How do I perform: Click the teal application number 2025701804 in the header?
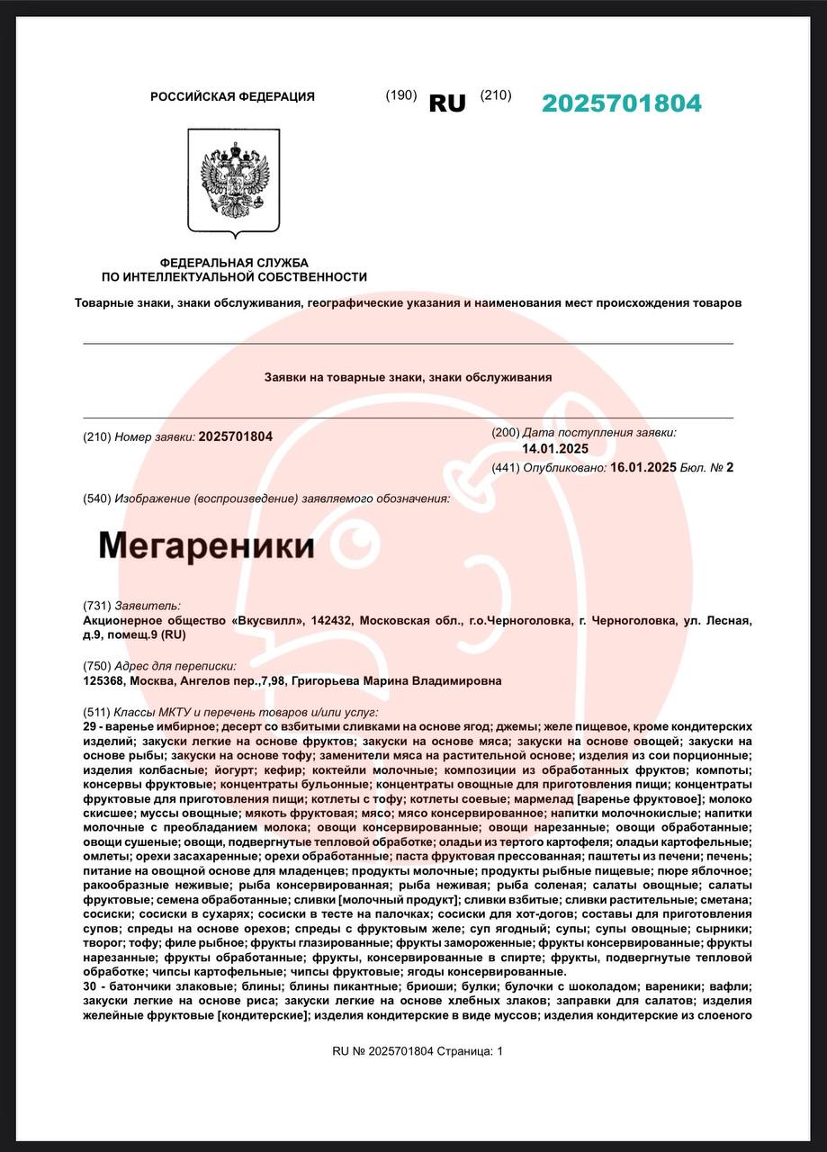[621, 103]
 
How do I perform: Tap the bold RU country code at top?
[447, 103]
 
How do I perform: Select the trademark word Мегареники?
[206, 545]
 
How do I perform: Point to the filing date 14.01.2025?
[555, 449]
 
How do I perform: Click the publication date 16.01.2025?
[643, 467]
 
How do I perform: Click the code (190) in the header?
[400, 95]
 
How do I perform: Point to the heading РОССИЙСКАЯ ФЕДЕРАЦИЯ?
[232, 96]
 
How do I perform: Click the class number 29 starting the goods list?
[89, 726]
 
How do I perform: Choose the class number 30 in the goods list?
[89, 987]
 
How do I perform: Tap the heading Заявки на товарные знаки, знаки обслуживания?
[408, 378]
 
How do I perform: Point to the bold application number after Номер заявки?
[235, 436]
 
